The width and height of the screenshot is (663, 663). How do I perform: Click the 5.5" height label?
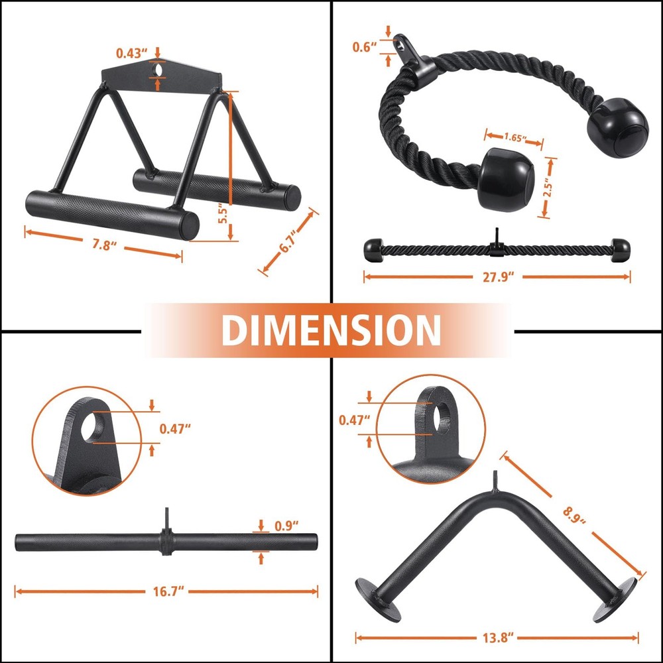point(223,213)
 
